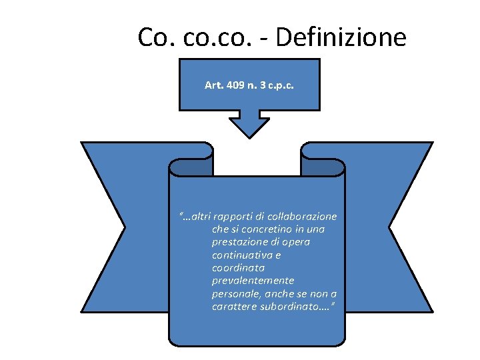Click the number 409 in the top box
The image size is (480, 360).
[x=235, y=86]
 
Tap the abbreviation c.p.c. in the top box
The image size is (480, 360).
[x=279, y=86]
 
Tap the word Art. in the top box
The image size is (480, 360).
[x=214, y=86]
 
